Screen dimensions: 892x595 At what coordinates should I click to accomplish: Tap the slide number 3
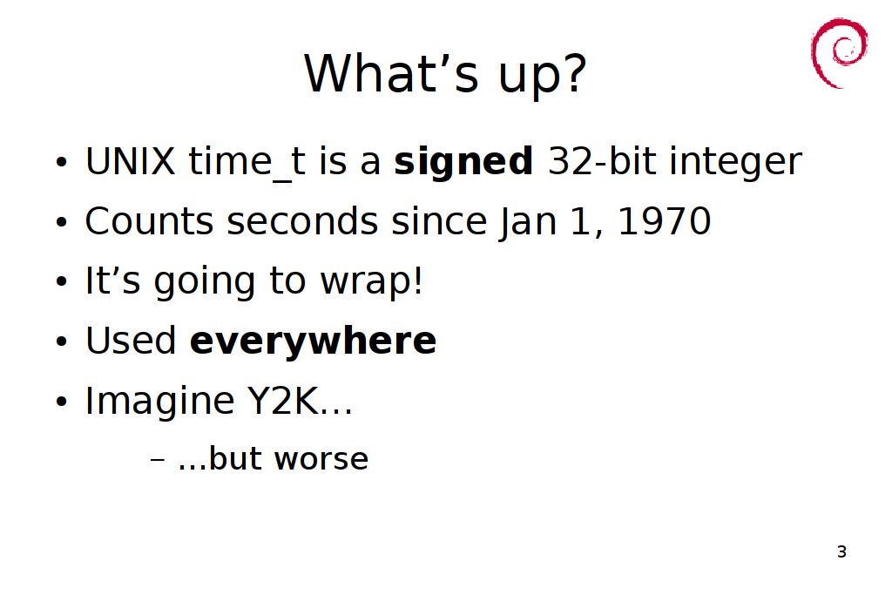841,551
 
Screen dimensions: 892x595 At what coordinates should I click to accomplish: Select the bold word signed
463,161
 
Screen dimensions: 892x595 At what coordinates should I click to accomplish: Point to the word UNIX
131,161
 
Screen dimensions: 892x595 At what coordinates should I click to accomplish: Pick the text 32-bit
602,161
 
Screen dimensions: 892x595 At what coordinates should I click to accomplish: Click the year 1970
664,221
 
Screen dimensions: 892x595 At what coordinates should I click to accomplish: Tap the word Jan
528,222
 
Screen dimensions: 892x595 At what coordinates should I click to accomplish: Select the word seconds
302,221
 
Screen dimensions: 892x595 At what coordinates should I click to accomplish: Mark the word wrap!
372,282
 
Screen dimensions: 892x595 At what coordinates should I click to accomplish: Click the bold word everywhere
313,341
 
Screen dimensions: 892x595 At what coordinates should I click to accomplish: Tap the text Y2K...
283,401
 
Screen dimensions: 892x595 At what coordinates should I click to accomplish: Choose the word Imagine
160,402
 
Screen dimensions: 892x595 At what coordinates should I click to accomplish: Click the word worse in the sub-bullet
321,460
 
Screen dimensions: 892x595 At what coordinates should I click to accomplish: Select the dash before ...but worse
158,460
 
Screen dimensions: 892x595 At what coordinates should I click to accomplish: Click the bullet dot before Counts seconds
62,222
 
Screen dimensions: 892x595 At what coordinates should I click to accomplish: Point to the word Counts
150,221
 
